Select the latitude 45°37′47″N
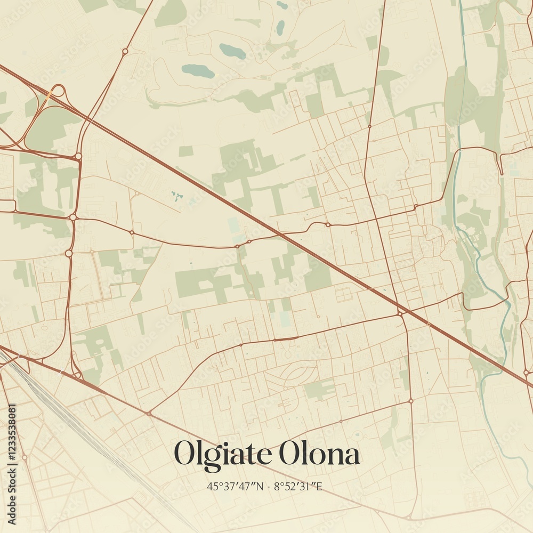[x=235, y=486]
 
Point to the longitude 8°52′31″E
[x=299, y=486]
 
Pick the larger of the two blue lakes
[x=198, y=71]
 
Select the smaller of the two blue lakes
[x=232, y=51]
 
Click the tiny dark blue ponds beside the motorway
[x=177, y=196]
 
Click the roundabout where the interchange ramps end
[x=78, y=156]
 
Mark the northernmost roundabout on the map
[x=125, y=51]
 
